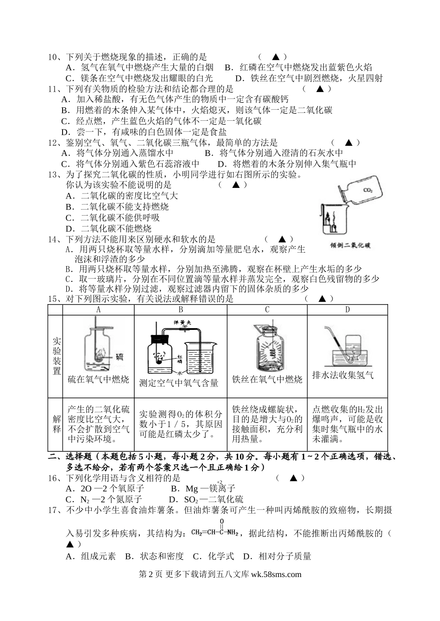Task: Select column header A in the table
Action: point(98,310)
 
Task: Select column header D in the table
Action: point(347,310)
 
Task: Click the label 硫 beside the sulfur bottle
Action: point(119,356)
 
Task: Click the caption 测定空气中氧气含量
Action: point(179,383)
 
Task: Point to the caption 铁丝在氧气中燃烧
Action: point(267,379)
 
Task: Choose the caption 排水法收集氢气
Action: point(343,375)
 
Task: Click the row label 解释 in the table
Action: point(57,424)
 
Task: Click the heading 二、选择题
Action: point(69,457)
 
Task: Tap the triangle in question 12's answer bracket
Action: point(350,143)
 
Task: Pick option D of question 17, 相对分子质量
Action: point(277,556)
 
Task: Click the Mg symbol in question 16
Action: point(191,489)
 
